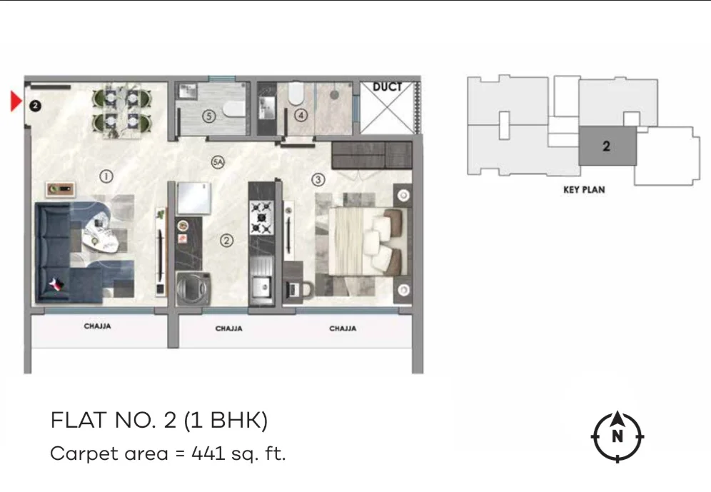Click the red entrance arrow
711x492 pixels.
tap(16, 101)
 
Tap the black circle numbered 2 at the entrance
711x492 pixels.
tap(35, 106)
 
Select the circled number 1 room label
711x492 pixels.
tap(106, 176)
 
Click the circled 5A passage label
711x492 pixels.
tap(218, 162)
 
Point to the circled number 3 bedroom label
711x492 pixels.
tap(318, 179)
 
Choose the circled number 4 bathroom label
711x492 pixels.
tap(301, 115)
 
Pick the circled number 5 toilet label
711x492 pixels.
tap(208, 116)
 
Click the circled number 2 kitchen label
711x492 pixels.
tap(227, 241)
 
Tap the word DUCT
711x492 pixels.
tap(387, 86)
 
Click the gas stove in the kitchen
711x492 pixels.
tap(262, 218)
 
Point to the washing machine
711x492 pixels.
tap(193, 288)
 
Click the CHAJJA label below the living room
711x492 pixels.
tap(98, 326)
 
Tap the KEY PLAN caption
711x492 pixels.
tap(584, 189)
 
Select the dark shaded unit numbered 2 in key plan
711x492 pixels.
tap(607, 146)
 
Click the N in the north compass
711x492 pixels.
tap(617, 436)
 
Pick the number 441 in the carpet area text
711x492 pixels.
tap(208, 453)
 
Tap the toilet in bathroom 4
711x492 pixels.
tap(296, 93)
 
